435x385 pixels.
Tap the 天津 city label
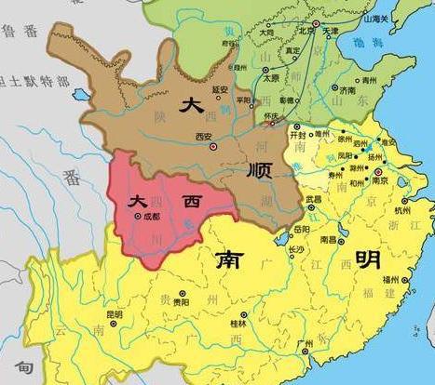332,31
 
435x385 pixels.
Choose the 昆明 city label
115,315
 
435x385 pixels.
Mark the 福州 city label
416,280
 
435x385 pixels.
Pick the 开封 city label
299,134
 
